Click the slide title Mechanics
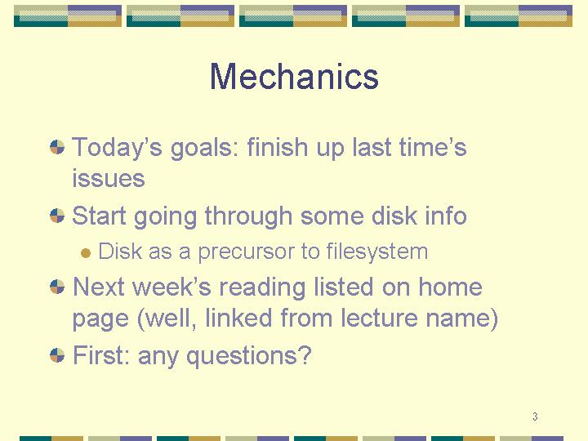tap(294, 77)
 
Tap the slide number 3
tap(535, 416)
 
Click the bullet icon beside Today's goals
tap(57, 147)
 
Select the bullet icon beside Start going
tap(57, 216)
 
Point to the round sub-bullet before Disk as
tap(86, 253)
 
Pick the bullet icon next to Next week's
tap(57, 287)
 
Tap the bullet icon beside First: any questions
tap(57, 355)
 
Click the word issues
tap(109, 178)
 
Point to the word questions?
tap(249, 356)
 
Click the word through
tap(248, 216)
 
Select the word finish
tap(277, 147)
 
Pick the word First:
tap(101, 355)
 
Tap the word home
tap(450, 287)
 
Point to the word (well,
tap(167, 318)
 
